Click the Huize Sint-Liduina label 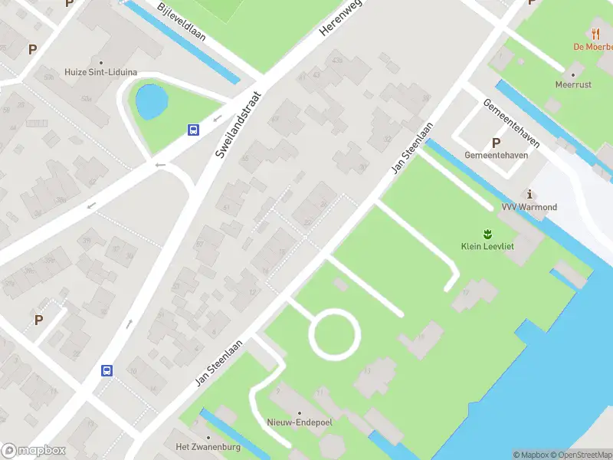pos(101,73)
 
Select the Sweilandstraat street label pos(238,125)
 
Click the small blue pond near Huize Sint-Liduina pos(149,100)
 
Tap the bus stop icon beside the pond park pos(194,130)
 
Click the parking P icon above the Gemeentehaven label pos(496,143)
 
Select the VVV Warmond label pos(529,207)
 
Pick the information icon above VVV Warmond pos(529,194)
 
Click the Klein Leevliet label pos(487,246)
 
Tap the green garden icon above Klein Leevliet pos(487,233)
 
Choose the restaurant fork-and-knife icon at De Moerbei pos(596,33)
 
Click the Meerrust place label pos(573,85)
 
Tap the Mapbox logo pos(34,451)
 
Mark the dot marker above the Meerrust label pos(573,74)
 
